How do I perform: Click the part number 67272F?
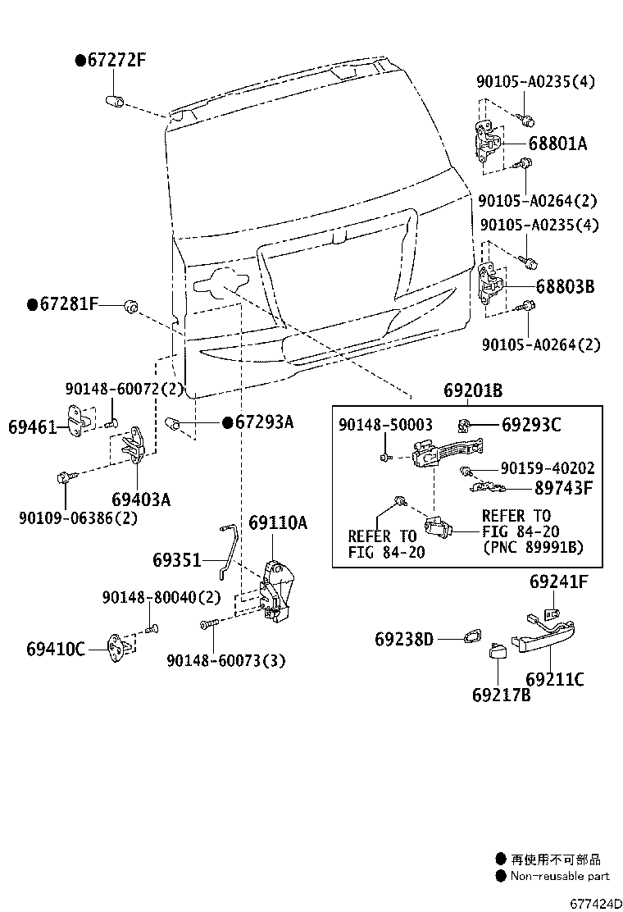(x=116, y=60)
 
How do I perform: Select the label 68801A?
(x=557, y=144)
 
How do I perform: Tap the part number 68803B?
(x=565, y=287)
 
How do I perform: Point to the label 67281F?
(x=68, y=305)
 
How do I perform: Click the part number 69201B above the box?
(x=473, y=391)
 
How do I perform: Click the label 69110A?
(x=278, y=522)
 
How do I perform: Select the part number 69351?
(x=176, y=561)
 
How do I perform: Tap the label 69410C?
(x=55, y=650)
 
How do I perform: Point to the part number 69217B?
(x=501, y=695)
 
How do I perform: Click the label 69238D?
(x=404, y=638)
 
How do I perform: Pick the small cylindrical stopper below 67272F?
(x=113, y=102)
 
